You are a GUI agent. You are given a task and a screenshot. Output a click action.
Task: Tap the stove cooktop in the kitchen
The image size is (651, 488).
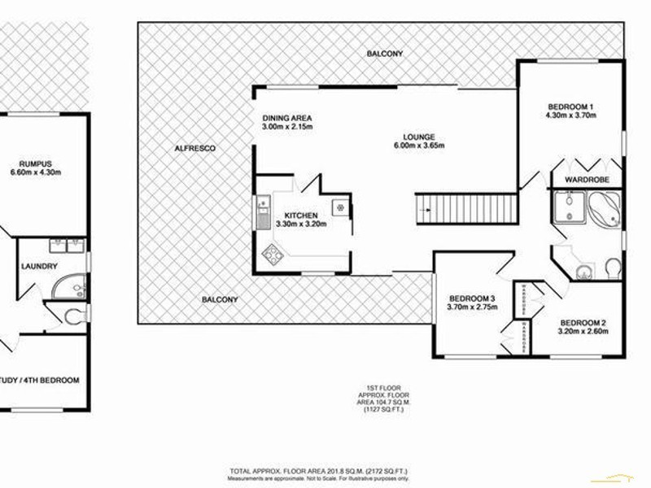pyautogui.click(x=271, y=258)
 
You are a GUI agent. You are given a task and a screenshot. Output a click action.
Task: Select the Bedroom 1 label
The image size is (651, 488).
pyautogui.click(x=571, y=107)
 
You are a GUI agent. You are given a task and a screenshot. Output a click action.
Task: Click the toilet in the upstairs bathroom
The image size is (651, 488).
pyautogui.click(x=610, y=268)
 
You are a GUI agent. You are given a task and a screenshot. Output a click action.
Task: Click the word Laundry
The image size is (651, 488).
pyautogui.click(x=40, y=266)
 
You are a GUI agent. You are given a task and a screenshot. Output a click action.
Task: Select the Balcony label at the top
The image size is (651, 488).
pyautogui.click(x=384, y=54)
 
